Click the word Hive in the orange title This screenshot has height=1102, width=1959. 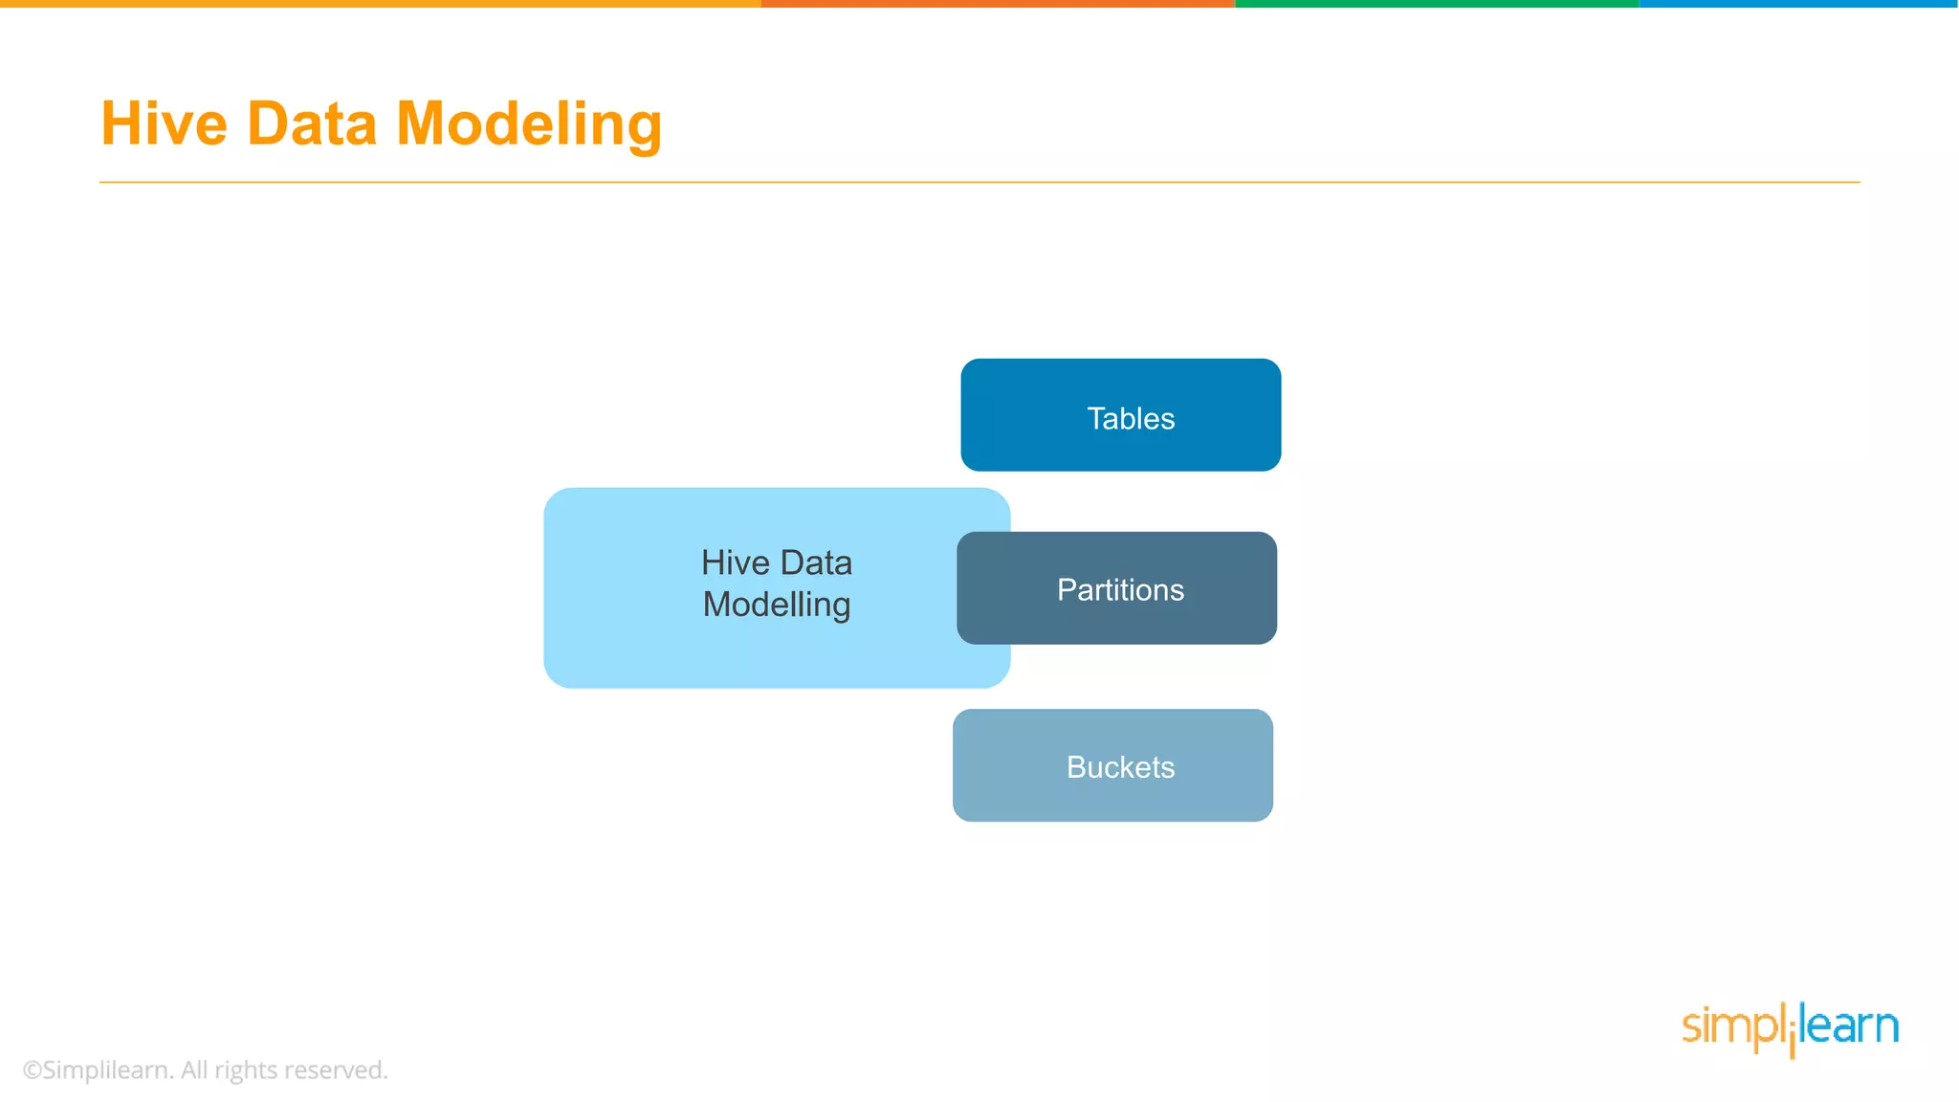point(164,124)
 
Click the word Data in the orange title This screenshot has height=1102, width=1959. point(312,124)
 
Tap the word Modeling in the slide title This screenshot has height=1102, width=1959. point(528,126)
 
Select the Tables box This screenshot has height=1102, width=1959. point(1120,415)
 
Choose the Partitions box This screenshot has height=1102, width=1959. point(1116,588)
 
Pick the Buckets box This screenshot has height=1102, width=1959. point(1112,765)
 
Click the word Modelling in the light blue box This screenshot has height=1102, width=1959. point(776,606)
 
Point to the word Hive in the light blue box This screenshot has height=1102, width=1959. point(736,562)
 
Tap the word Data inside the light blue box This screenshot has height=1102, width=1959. point(816,562)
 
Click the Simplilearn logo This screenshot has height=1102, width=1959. point(1790,1028)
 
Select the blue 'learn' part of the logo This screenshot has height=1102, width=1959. point(1849,1026)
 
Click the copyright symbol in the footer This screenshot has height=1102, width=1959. point(33,1070)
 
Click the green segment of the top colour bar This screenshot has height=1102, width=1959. point(1437,4)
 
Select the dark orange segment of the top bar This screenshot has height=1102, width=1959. point(998,4)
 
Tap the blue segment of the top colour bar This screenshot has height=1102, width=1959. point(1798,4)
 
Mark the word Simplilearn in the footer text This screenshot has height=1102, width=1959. point(107,1070)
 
